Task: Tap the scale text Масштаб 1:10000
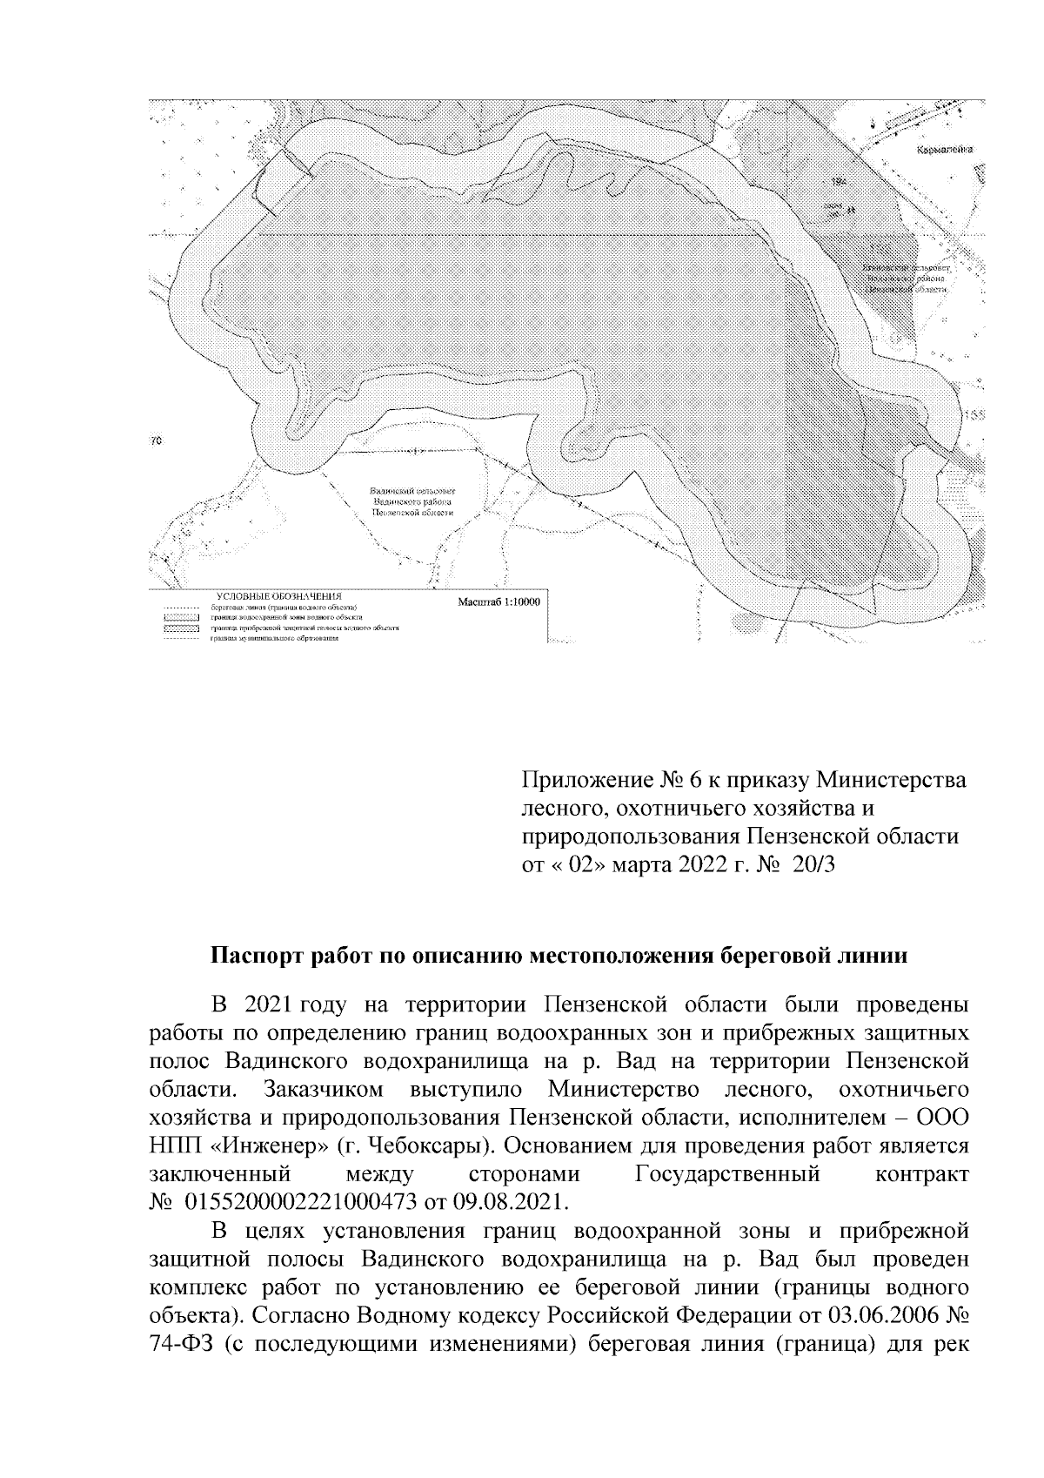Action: click(x=498, y=602)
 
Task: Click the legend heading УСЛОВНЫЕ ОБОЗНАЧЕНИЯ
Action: click(x=275, y=595)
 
